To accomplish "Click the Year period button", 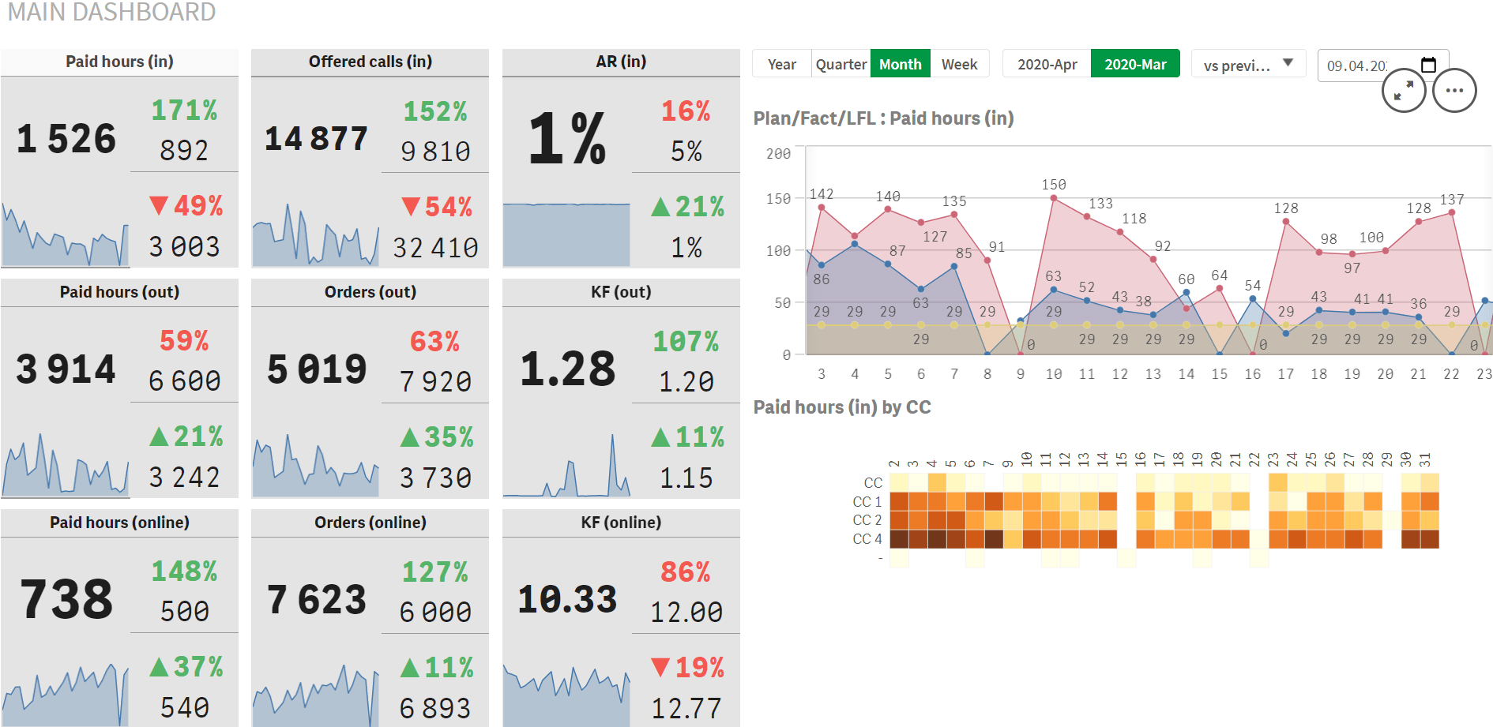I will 781,64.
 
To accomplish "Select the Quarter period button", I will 841,64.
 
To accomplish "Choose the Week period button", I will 959,64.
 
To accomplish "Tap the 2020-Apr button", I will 1047,64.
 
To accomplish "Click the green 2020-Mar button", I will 1135,64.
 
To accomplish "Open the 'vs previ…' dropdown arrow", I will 1288,63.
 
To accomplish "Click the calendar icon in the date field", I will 1428,65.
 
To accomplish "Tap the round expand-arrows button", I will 1404,91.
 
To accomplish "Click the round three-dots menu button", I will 1454,91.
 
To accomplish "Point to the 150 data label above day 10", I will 1054,185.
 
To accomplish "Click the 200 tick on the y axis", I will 778,154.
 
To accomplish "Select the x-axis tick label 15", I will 1220,374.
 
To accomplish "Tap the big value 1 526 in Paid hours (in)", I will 66,139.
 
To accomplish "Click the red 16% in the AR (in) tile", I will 686,111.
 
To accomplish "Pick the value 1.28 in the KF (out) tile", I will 567,369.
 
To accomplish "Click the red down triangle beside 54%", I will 410,207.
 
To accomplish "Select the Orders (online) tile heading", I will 370,523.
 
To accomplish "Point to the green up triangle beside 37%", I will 159,668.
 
